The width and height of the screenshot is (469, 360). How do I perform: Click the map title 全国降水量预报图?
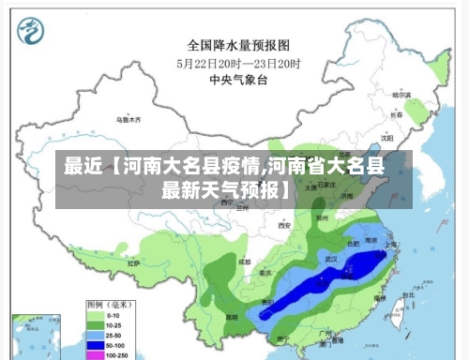237,44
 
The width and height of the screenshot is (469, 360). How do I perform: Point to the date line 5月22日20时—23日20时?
238,63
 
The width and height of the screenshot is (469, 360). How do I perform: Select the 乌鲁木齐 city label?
129,120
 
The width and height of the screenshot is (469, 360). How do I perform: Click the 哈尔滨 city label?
401,95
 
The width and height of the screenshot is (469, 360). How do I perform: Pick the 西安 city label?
284,226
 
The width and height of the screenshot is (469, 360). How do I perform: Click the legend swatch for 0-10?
95,317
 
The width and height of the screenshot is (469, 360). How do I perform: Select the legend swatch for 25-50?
95,336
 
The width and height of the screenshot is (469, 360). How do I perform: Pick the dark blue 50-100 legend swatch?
95,345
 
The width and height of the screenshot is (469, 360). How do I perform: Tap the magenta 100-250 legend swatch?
95,354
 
